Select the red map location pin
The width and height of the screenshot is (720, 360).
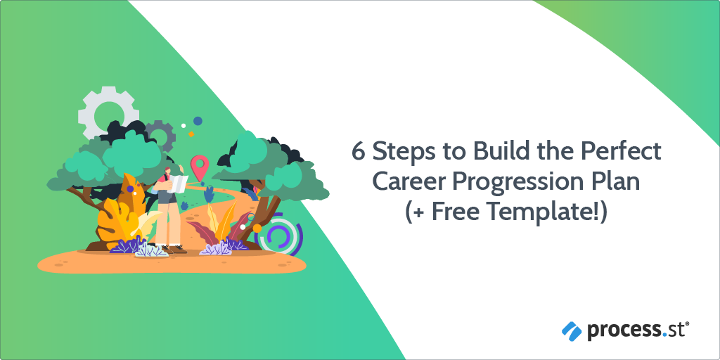198,167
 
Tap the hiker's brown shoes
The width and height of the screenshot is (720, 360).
174,250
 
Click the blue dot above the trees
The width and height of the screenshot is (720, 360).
198,121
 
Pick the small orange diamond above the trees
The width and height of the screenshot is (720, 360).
191,134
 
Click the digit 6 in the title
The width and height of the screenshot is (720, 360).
359,152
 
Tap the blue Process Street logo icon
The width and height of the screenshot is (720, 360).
572,331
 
